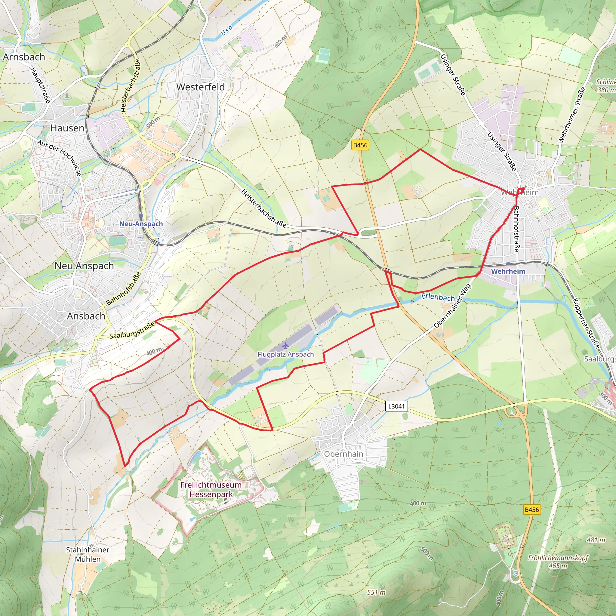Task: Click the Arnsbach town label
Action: (24, 57)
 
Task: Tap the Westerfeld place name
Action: (201, 87)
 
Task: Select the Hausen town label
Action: (67, 128)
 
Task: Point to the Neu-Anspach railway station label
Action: (141, 224)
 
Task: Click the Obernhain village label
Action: (343, 454)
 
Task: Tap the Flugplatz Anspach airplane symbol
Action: (285, 346)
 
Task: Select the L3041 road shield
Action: (396, 406)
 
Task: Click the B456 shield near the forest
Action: (360, 145)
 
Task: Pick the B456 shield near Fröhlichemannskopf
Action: (532, 510)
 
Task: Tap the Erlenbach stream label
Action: (438, 297)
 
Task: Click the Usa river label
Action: (227, 30)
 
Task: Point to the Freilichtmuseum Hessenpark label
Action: (211, 489)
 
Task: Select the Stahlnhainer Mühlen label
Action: (88, 554)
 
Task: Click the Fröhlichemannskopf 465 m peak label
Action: (558, 562)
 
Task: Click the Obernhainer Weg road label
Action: (452, 306)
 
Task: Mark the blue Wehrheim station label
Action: (508, 271)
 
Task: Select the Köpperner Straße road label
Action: (586, 323)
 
